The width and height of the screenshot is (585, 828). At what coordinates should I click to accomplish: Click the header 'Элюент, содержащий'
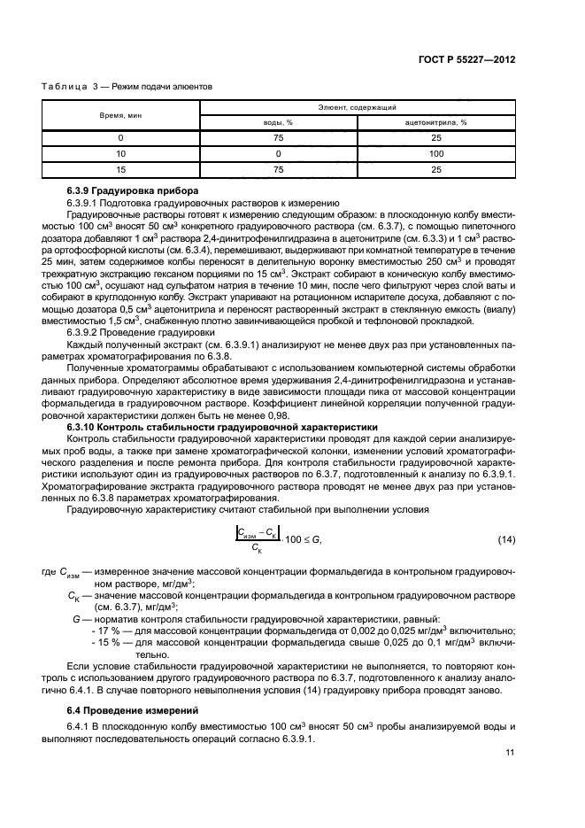pyautogui.click(x=358, y=107)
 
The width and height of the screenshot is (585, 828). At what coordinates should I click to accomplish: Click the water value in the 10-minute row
pyautogui.click(x=279, y=153)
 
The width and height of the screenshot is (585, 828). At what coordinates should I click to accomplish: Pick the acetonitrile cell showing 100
pyautogui.click(x=436, y=153)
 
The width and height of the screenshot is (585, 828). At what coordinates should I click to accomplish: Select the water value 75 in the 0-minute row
pyautogui.click(x=279, y=138)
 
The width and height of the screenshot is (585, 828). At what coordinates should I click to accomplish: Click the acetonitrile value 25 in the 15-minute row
pyautogui.click(x=436, y=168)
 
